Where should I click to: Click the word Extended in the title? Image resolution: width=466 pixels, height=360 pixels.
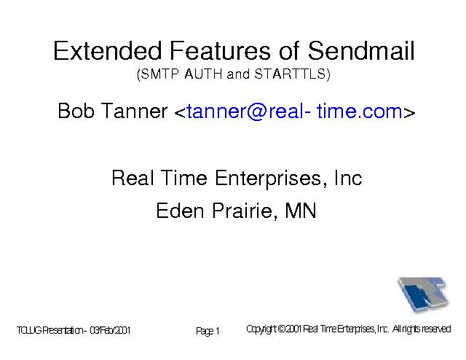pyautogui.click(x=108, y=50)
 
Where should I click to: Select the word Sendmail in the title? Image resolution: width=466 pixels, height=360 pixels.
pyautogui.click(x=361, y=50)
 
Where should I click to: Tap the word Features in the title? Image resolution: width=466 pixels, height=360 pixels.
pyautogui.click(x=220, y=50)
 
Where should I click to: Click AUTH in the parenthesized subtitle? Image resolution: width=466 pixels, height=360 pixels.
pyautogui.click(x=203, y=74)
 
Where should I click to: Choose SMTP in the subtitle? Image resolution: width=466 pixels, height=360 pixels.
pyautogui.click(x=159, y=74)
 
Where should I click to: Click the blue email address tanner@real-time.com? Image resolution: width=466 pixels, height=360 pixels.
pyautogui.click(x=294, y=111)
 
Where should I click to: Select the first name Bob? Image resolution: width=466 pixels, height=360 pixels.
pyautogui.click(x=76, y=111)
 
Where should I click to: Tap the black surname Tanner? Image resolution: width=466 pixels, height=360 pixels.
pyautogui.click(x=134, y=111)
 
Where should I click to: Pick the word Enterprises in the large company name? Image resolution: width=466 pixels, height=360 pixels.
pyautogui.click(x=268, y=179)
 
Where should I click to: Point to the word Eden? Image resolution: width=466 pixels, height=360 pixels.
pyautogui.click(x=180, y=211)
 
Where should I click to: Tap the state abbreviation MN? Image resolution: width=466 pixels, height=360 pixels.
pyautogui.click(x=300, y=211)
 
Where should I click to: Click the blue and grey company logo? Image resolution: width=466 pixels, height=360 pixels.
pyautogui.click(x=422, y=294)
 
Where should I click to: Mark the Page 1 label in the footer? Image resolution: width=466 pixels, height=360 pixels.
pyautogui.click(x=208, y=331)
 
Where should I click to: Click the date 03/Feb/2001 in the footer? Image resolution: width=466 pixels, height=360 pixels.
pyautogui.click(x=110, y=330)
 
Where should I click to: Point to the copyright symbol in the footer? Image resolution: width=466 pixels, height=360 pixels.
pyautogui.click(x=281, y=329)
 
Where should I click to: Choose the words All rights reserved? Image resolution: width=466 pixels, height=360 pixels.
pyautogui.click(x=422, y=329)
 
